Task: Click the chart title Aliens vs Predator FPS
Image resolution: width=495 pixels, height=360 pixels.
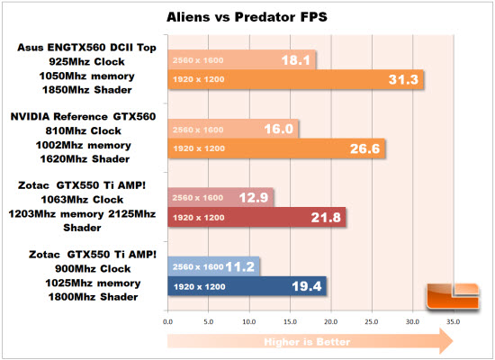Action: [247, 17]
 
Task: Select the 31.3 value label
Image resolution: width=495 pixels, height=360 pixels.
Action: [403, 79]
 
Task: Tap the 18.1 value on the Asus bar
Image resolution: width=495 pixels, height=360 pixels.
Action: [296, 60]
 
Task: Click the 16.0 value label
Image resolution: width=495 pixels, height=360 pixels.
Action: [279, 129]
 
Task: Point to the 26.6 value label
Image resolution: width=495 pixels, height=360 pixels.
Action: [364, 148]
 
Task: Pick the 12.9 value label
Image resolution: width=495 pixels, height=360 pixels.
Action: [254, 198]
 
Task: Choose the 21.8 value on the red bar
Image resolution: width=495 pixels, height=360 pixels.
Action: [326, 217]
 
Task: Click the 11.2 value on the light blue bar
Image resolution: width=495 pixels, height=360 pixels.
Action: [240, 266]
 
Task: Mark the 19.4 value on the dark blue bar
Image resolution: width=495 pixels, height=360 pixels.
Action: [307, 286]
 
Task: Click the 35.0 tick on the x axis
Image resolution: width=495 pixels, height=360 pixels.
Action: [453, 322]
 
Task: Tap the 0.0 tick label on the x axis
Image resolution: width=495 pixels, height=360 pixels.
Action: [167, 322]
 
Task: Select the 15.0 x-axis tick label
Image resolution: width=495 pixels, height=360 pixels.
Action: [290, 322]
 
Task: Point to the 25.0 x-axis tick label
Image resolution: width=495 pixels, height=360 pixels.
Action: [371, 322]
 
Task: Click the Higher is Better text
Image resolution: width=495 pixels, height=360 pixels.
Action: [307, 342]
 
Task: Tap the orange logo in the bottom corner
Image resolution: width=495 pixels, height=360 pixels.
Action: [453, 296]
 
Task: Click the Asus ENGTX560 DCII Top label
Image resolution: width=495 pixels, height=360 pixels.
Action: [86, 48]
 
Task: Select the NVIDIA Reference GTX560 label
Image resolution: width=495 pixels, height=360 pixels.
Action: [83, 116]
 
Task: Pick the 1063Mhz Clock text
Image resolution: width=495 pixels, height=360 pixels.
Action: [82, 200]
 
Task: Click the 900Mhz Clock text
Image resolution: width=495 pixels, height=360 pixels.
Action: [93, 269]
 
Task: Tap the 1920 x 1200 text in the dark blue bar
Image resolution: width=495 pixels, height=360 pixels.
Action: [200, 287]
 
